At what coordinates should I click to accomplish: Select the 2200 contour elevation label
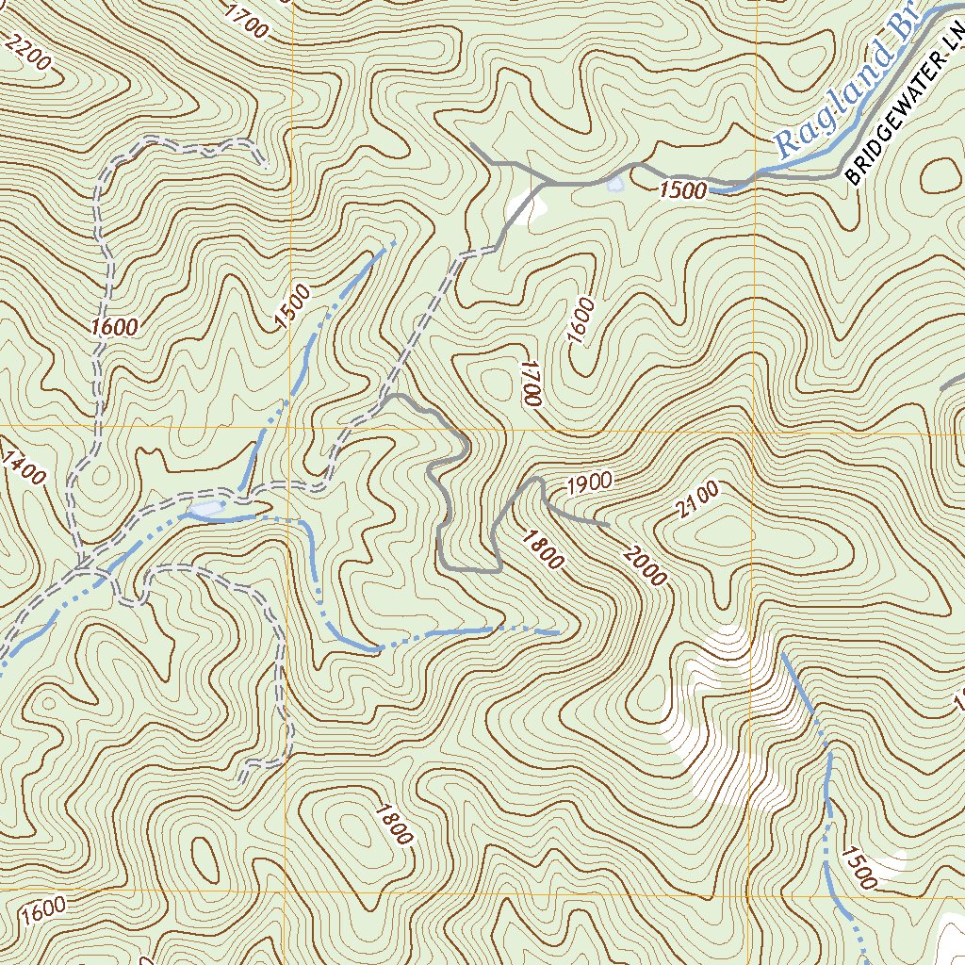tap(28, 53)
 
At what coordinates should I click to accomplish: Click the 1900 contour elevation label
tap(590, 483)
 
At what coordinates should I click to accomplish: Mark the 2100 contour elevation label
tap(696, 499)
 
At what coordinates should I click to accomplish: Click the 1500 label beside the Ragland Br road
tap(683, 190)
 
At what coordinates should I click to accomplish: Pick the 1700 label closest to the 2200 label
tap(246, 21)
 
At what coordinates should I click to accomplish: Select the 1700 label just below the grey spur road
tap(530, 382)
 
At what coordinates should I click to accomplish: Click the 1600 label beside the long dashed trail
tap(115, 327)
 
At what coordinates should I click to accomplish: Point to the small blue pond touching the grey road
tap(615, 184)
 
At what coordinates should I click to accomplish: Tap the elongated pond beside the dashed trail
tap(207, 509)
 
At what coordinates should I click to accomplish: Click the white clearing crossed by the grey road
tap(526, 205)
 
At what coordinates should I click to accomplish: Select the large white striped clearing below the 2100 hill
tap(735, 716)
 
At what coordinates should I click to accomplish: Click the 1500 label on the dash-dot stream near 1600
tap(292, 307)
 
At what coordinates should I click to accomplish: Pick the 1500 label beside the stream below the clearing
tap(859, 868)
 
